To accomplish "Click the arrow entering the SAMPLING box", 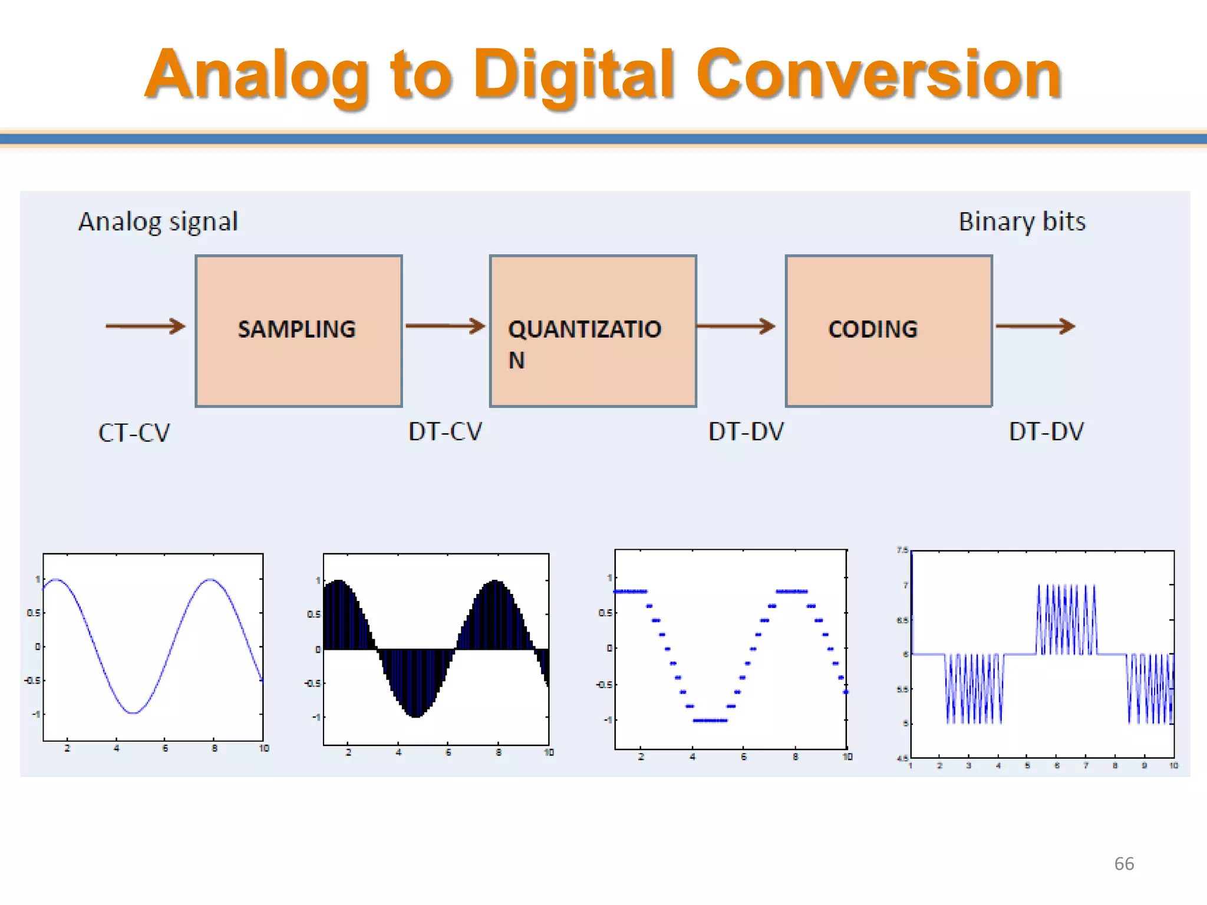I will point(145,326).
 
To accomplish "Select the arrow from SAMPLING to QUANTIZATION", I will point(445,326).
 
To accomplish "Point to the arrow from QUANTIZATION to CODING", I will point(736,326).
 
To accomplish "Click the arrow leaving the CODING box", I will point(1035,326).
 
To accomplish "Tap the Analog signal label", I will point(158,222).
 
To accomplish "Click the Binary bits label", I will point(1022,222).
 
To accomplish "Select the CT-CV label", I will point(134,433).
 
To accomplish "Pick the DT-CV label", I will point(445,432).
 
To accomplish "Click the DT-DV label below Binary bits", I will point(1046,432).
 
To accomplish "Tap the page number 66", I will point(1124,864).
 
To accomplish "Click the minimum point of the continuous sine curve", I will point(134,713).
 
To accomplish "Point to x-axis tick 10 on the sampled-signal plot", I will point(549,752).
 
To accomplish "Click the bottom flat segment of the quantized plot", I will point(710,721).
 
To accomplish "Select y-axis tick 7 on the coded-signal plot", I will point(905,585).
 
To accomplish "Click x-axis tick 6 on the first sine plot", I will point(166,748).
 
